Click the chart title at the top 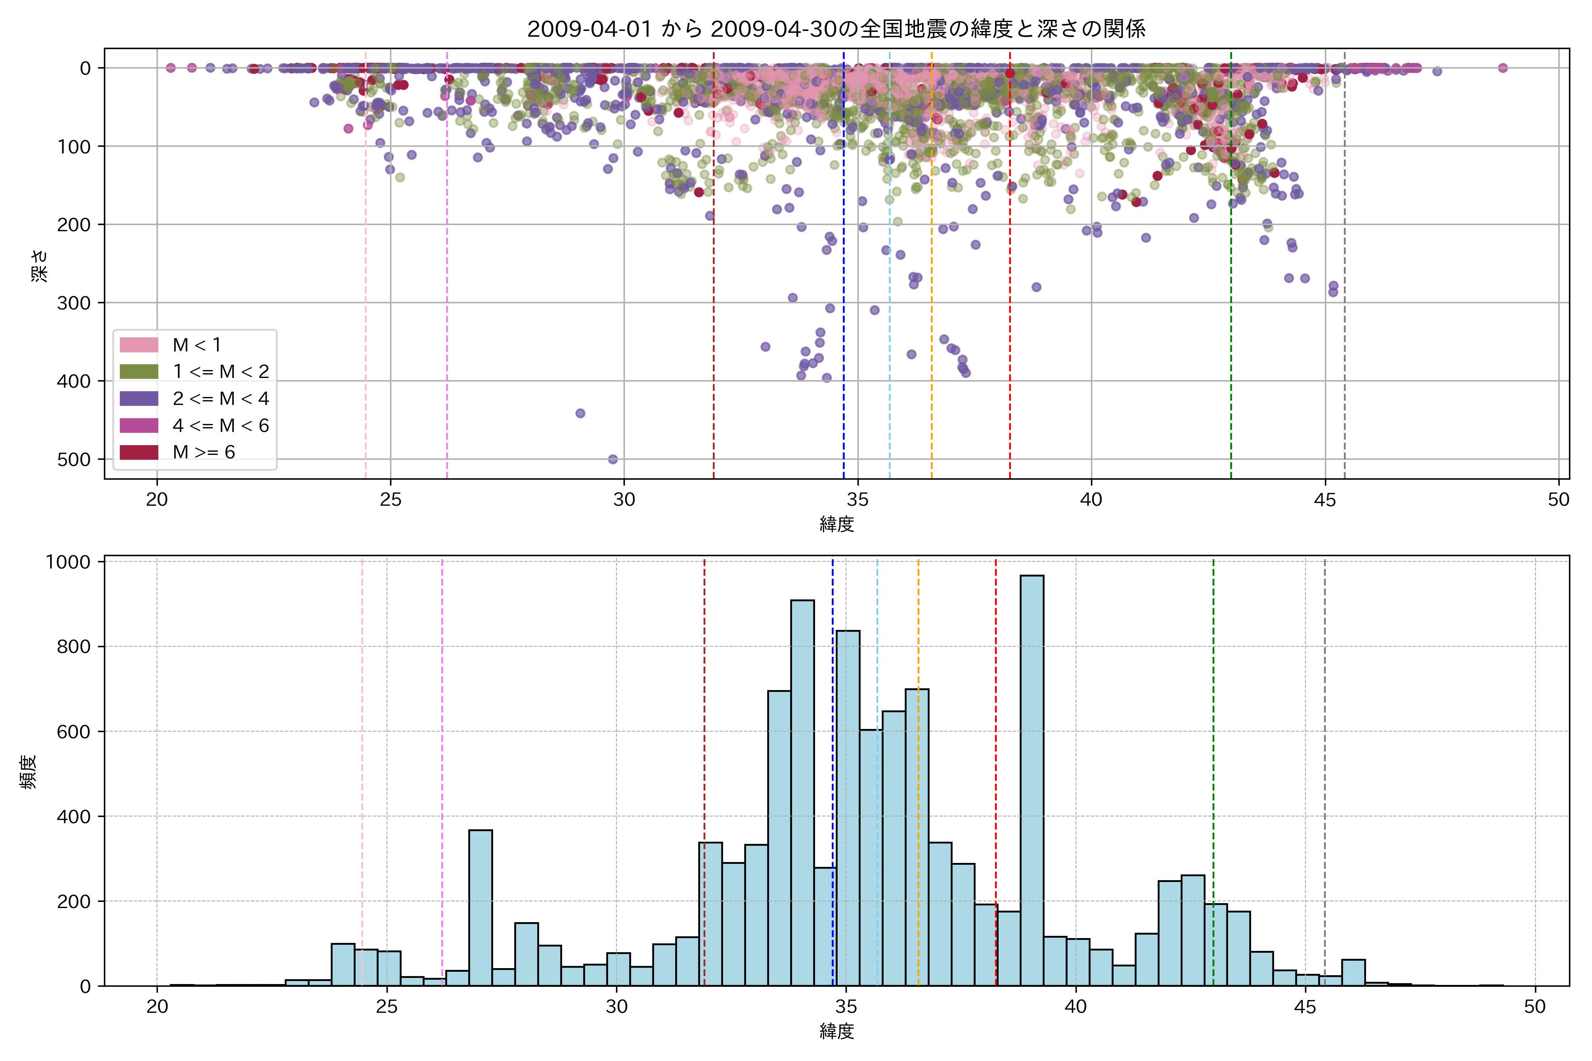point(836,29)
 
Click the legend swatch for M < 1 point(139,345)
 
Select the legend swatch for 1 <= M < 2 point(139,371)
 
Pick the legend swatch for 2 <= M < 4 point(139,399)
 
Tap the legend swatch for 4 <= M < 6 point(139,426)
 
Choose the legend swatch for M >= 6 point(139,452)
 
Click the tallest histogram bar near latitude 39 point(1032,778)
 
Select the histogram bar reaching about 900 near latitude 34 point(802,792)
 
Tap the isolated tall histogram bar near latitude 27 point(481,907)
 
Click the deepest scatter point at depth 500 point(612,459)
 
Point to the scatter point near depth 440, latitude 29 point(580,413)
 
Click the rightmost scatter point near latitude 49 point(1503,68)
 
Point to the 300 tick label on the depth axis point(74,302)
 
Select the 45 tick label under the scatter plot point(1324,500)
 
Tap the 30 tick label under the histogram point(616,1007)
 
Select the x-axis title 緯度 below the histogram point(837,1031)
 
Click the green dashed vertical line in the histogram point(1213,744)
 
